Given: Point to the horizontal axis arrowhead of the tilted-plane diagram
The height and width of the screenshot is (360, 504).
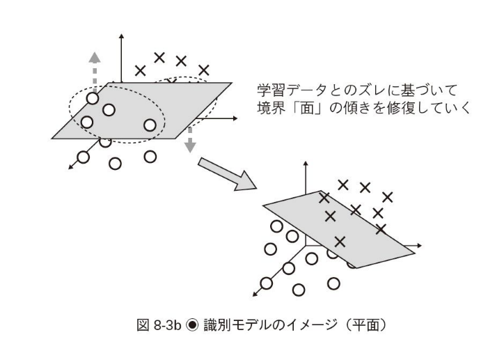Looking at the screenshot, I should click(x=419, y=245).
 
